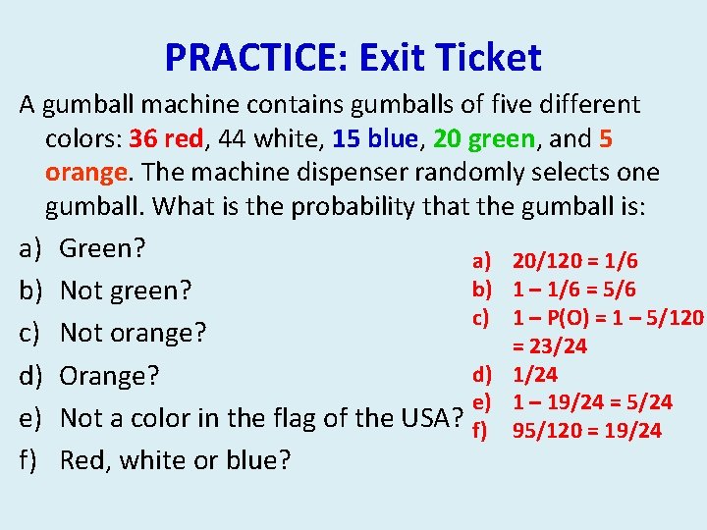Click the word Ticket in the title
[x=491, y=58]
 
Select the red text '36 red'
[x=168, y=138]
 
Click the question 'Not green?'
[x=125, y=291]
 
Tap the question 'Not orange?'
[x=133, y=333]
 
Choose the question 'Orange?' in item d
[x=110, y=376]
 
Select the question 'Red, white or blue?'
[x=175, y=460]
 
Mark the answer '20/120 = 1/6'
[x=574, y=260]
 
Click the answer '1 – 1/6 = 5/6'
[x=573, y=289]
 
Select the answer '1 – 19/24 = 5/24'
[x=592, y=401]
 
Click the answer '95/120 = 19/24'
[x=586, y=430]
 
